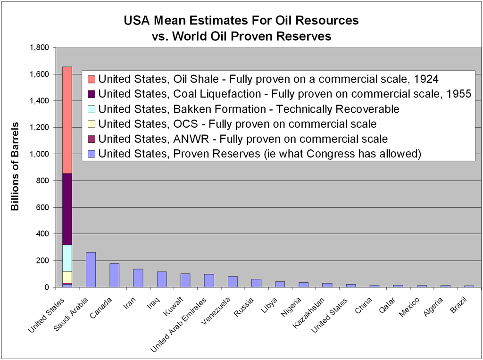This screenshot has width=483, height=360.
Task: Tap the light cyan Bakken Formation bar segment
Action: click(67, 258)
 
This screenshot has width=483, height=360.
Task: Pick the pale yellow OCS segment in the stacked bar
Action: click(67, 277)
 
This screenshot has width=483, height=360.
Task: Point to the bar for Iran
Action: click(138, 278)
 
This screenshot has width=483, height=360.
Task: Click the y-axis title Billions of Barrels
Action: click(15, 167)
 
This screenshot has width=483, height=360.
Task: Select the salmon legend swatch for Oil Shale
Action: click(92, 79)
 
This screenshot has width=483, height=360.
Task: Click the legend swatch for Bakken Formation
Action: click(92, 109)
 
